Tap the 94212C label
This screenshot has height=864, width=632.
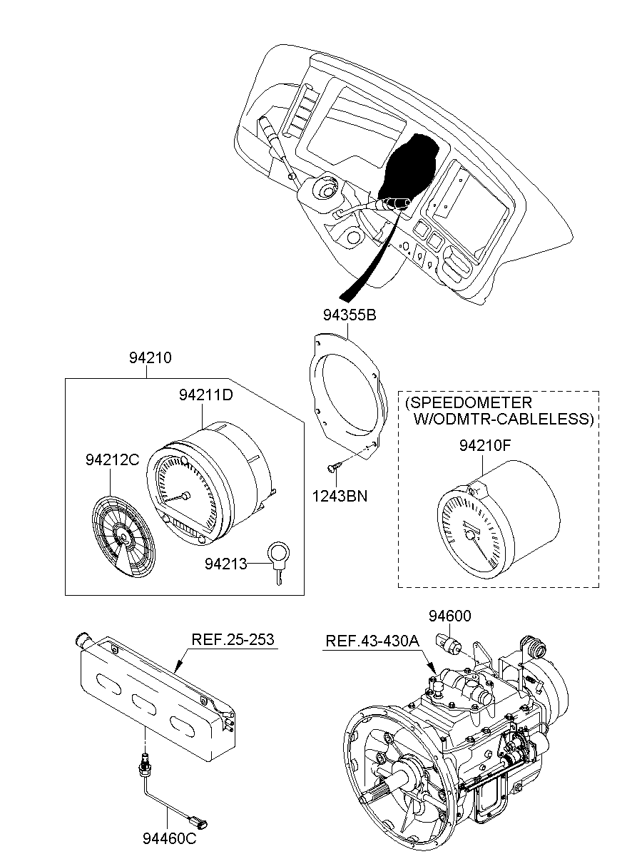pyautogui.click(x=112, y=460)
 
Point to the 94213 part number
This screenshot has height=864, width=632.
pyautogui.click(x=225, y=564)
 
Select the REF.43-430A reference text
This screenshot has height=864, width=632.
pyautogui.click(x=372, y=641)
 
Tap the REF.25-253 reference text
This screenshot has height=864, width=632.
pyautogui.click(x=233, y=639)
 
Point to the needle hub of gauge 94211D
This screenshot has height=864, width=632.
pyautogui.click(x=185, y=496)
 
